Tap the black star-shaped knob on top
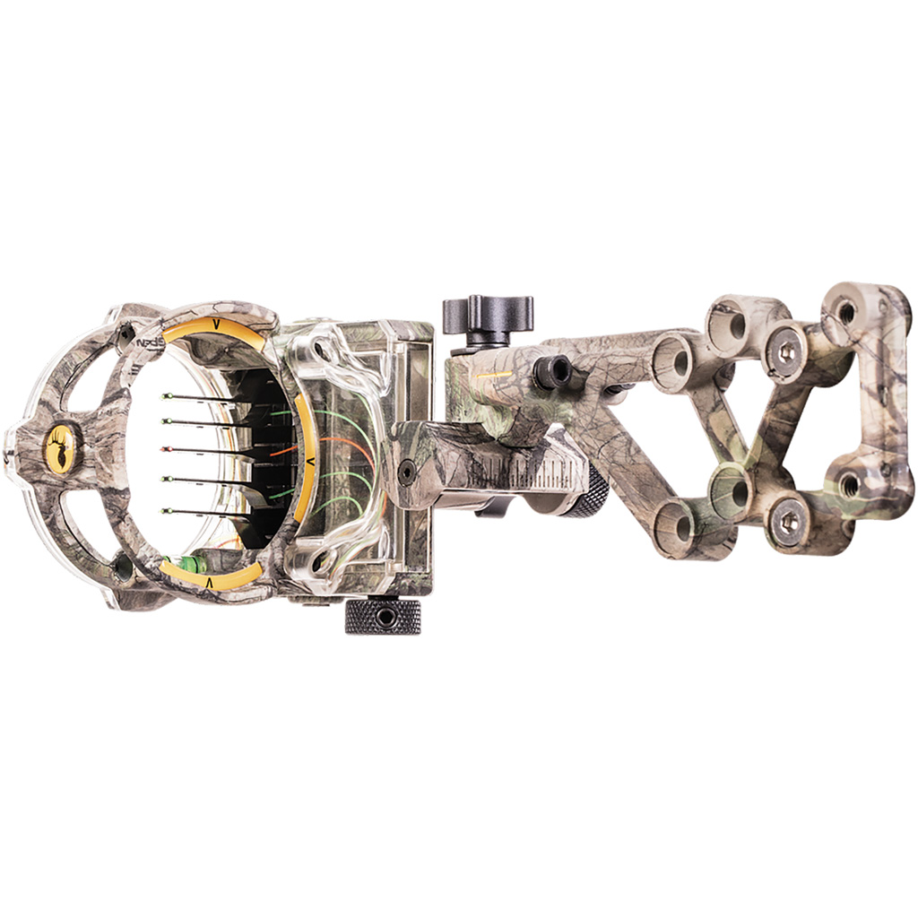point(488,316)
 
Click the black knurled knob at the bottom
point(383,617)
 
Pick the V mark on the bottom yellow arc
point(208,582)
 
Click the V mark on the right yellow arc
point(309,460)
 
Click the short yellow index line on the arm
point(495,373)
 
